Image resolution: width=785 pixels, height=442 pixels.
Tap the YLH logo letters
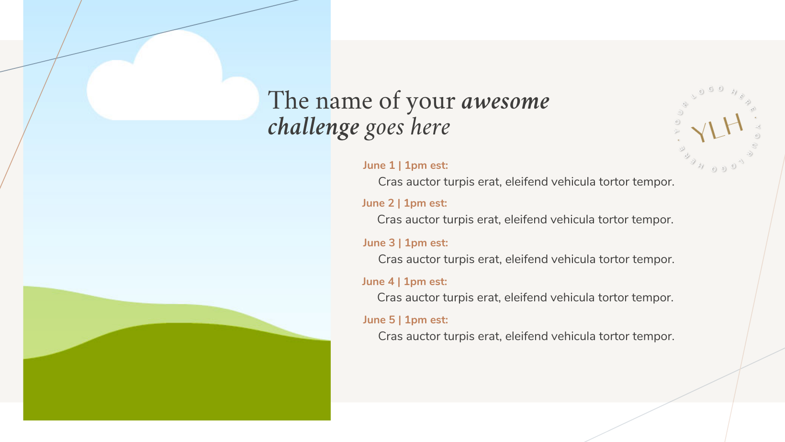(x=717, y=128)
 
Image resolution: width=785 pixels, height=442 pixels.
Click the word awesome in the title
(x=505, y=101)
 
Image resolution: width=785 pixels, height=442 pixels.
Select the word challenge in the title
(x=314, y=128)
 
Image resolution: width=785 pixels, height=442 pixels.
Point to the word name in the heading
(x=344, y=101)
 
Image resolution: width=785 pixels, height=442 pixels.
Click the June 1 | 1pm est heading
(x=405, y=166)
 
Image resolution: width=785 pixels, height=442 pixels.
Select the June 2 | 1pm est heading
(x=404, y=203)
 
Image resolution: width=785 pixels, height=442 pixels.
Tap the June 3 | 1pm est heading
(x=405, y=243)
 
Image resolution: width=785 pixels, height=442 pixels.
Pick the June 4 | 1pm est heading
(x=404, y=282)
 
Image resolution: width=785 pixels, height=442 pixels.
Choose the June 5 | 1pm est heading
(x=405, y=320)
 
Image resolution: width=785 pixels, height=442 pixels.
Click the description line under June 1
(x=526, y=182)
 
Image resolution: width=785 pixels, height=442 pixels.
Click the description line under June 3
(x=526, y=259)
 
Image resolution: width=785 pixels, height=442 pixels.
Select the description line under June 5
(x=526, y=336)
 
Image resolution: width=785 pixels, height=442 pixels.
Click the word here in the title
(x=430, y=127)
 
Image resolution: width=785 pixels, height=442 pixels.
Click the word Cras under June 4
(x=389, y=298)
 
